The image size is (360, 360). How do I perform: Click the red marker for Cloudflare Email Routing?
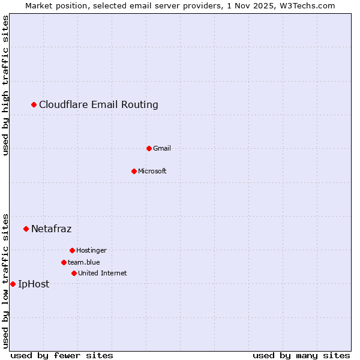click(x=34, y=105)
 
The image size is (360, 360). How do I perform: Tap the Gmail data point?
click(x=149, y=148)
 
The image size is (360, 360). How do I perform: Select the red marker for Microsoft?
click(x=134, y=171)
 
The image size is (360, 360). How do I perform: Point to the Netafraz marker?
click(x=26, y=229)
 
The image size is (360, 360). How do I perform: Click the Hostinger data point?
click(x=72, y=250)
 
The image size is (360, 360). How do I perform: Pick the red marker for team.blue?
click(x=64, y=262)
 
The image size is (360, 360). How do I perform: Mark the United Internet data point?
click(x=74, y=273)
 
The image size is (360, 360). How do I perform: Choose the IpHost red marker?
click(x=13, y=284)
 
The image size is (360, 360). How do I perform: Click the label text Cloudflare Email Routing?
click(x=98, y=105)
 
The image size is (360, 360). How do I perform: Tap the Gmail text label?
click(x=162, y=148)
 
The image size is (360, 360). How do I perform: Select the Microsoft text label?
click(x=152, y=171)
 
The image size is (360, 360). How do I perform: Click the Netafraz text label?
click(x=51, y=229)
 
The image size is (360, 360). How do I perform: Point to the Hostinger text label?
click(x=91, y=250)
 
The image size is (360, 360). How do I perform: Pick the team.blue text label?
click(x=84, y=262)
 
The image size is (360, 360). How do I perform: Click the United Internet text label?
click(x=102, y=273)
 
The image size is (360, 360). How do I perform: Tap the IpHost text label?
click(x=34, y=284)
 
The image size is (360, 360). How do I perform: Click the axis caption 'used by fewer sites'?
click(x=62, y=355)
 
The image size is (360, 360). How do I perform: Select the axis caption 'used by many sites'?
click(x=301, y=355)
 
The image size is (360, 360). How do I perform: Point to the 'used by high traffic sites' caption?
click(x=6, y=86)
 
